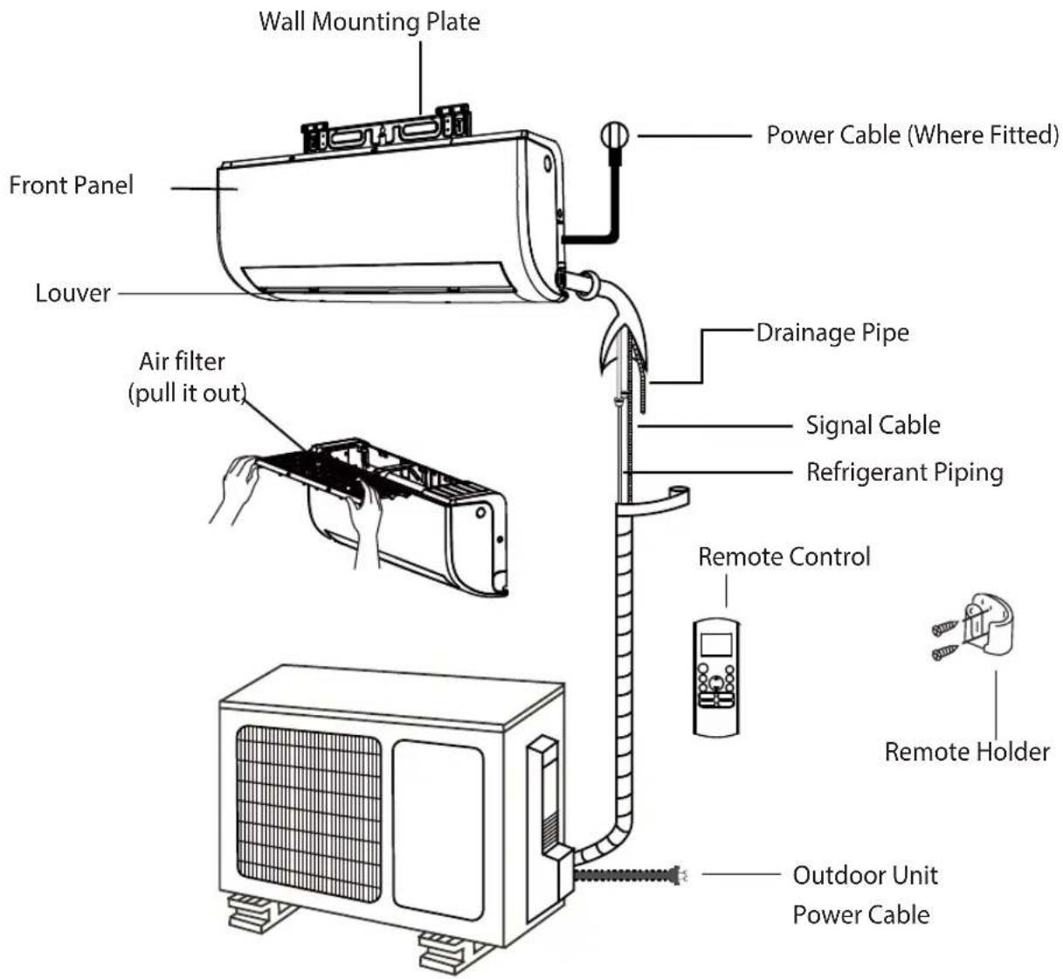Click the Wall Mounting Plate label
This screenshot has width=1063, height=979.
369,22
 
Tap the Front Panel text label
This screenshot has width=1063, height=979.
71,185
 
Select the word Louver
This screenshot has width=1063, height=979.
72,294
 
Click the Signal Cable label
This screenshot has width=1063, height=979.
873,426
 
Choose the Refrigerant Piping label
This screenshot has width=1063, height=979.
905,473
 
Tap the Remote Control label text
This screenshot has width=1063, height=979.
783,557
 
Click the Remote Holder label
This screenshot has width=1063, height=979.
967,752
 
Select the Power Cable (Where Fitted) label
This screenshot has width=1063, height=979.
913,135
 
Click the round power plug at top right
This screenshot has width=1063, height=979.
615,135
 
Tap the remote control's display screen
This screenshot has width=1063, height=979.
716,644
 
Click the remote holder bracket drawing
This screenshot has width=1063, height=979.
988,626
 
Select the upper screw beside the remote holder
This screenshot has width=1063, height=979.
945,628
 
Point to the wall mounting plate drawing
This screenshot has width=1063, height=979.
386,128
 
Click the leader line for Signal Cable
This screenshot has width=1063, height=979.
714,426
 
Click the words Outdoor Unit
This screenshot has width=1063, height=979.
865,876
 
